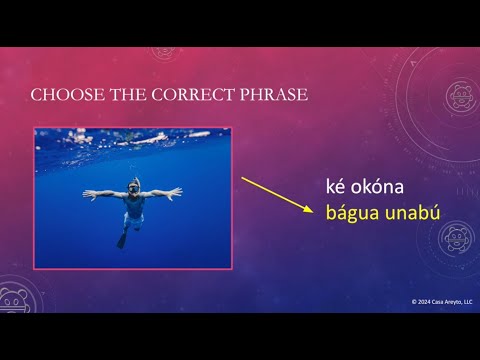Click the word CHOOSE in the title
[x=61, y=96]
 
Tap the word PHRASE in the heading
[x=269, y=96]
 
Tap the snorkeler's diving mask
[x=133, y=187]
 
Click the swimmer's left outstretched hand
[x=178, y=189]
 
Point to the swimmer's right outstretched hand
[x=87, y=192]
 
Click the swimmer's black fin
[x=122, y=241]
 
